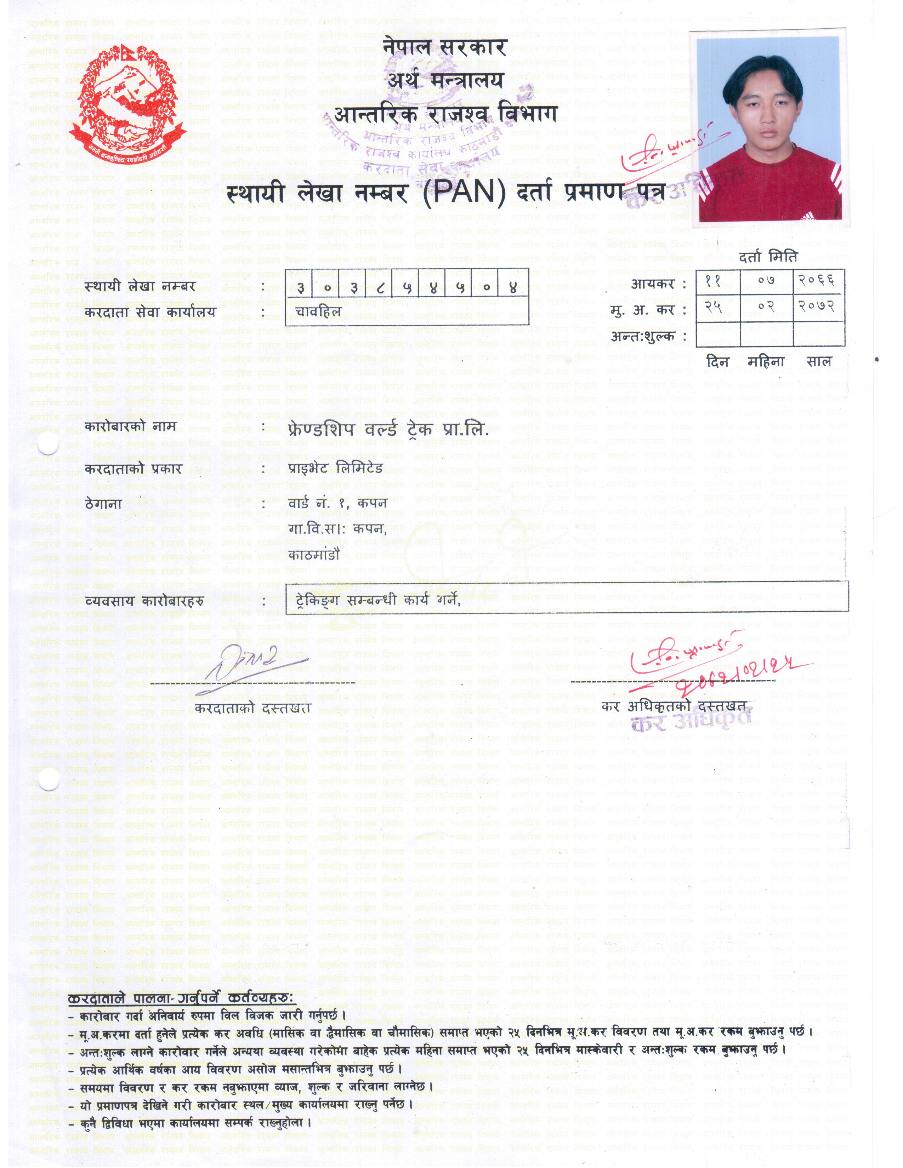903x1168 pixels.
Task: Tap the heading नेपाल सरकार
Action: point(444,48)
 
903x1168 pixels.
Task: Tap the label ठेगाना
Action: point(104,504)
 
